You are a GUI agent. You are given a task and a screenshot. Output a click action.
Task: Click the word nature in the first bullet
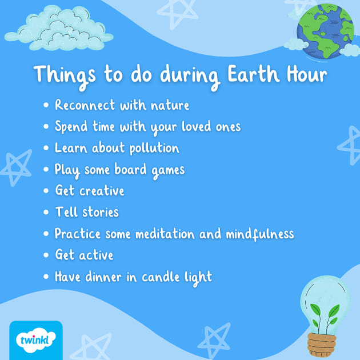point(170,106)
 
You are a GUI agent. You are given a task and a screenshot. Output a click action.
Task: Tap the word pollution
point(151,149)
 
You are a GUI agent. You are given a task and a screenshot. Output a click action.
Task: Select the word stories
point(99,213)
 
